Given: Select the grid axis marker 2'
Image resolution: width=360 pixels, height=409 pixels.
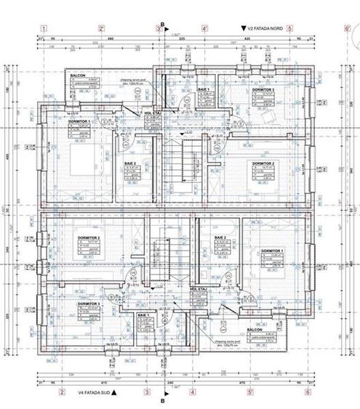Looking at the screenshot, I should click(101, 29).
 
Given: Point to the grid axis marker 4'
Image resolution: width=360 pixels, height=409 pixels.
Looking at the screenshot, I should click(204, 29).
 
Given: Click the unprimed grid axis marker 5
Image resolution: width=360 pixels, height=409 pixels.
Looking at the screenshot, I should click(289, 29).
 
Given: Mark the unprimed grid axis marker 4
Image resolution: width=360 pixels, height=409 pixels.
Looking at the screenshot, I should click(193, 391).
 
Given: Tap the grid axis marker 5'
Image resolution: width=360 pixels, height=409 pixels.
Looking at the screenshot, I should click(249, 391).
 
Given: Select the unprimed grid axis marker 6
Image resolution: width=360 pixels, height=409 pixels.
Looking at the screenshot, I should click(308, 391).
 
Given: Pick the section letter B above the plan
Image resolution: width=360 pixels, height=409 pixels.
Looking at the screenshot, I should click(163, 23).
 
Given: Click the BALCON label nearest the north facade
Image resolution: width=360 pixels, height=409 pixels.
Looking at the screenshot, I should click(78, 75).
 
